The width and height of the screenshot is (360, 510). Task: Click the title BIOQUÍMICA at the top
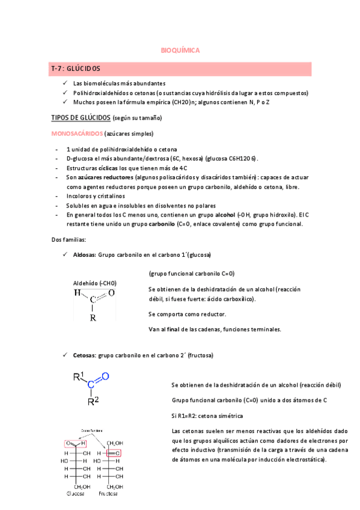click(181, 51)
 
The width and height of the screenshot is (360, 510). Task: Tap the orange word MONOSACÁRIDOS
click(78, 134)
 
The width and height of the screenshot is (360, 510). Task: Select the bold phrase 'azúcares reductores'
click(106, 177)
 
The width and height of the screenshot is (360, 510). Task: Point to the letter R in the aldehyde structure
click(93, 318)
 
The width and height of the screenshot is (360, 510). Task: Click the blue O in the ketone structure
click(105, 376)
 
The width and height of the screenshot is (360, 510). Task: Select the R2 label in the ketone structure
click(93, 401)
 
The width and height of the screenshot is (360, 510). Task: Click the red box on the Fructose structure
click(114, 453)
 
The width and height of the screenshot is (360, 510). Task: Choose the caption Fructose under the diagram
click(109, 494)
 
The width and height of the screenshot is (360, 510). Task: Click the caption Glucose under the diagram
click(76, 494)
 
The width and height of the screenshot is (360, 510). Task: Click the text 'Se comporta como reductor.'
click(187, 314)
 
